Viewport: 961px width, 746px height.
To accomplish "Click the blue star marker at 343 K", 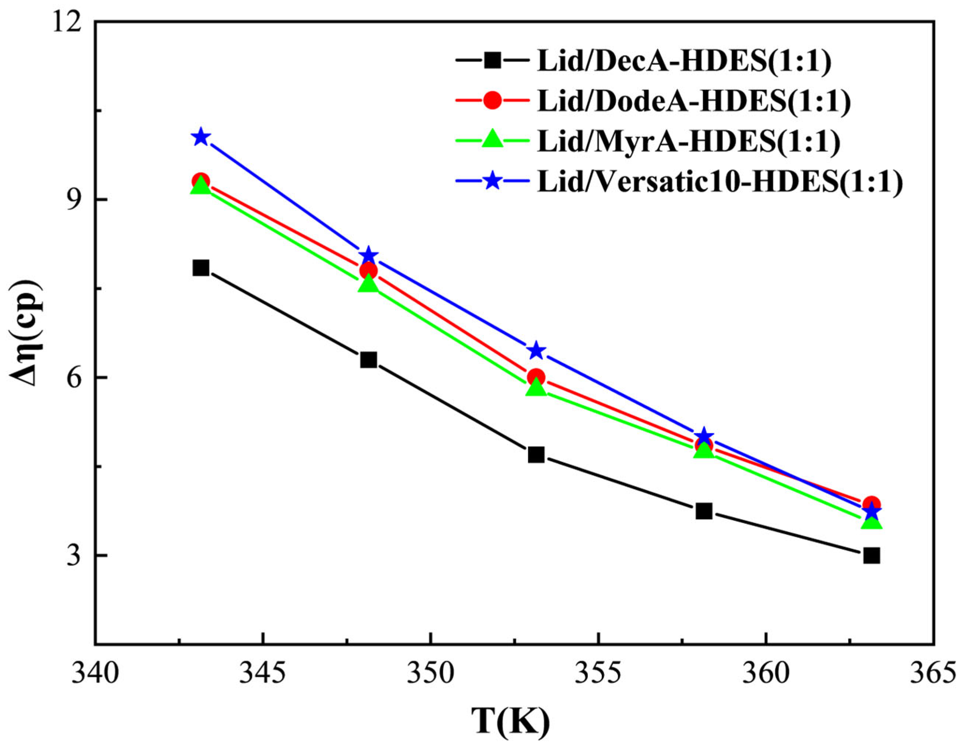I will (x=201, y=137).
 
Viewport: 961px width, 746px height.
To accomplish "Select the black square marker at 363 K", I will (x=871, y=556).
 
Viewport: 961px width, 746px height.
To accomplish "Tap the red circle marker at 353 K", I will (x=536, y=377).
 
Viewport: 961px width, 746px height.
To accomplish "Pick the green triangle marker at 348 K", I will (x=368, y=284).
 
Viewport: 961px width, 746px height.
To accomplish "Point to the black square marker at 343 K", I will (x=201, y=268).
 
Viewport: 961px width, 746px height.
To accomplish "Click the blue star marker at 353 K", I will (x=536, y=350).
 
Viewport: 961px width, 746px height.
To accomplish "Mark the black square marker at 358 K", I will (x=704, y=511).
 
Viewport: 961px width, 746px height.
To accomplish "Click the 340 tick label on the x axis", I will (x=95, y=674).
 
